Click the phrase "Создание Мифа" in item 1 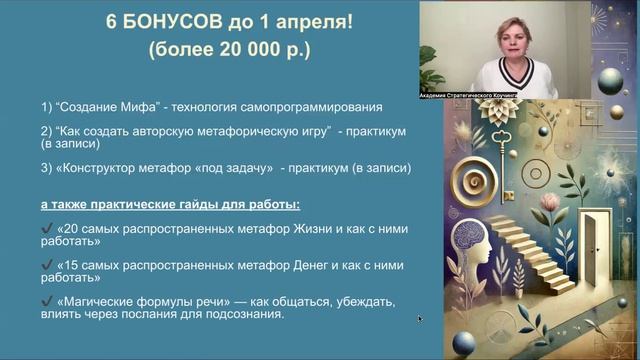(x=103, y=107)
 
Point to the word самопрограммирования (x=306, y=107)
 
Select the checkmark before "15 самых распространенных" (x=47, y=265)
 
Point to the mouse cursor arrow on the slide (x=420, y=319)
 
